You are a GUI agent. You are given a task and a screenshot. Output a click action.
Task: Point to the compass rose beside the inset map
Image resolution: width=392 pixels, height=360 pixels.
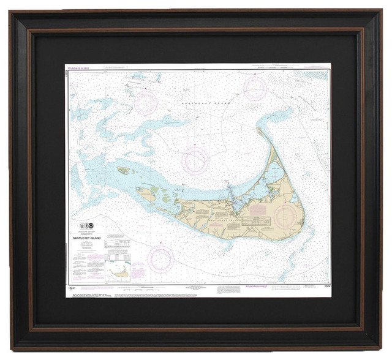(x=162, y=260)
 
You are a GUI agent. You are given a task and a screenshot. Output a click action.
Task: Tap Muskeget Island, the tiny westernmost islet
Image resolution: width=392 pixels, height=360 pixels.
(x=124, y=171)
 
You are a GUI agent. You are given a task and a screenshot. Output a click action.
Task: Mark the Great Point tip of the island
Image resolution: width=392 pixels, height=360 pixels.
(x=260, y=130)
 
